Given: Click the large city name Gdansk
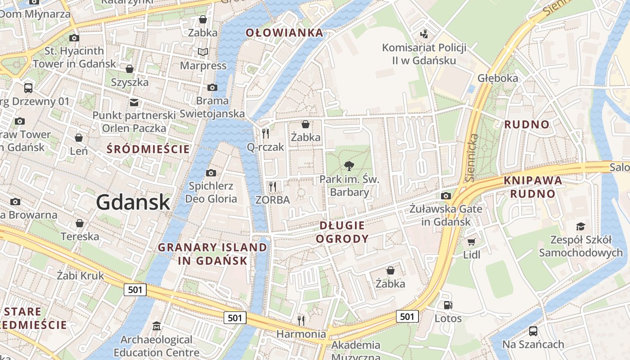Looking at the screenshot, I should click(133, 202).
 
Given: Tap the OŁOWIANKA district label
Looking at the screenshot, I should click(284, 32).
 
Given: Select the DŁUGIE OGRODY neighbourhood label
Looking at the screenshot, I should click(342, 232).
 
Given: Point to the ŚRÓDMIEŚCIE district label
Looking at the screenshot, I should click(148, 149).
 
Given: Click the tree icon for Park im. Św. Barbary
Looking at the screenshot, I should click(348, 166).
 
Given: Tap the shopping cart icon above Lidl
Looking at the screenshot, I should click(471, 242).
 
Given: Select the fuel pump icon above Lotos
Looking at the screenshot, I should click(448, 305).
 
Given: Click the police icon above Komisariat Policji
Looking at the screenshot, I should click(423, 34).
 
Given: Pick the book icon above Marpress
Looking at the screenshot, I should click(203, 52).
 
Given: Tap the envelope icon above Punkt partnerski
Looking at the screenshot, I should click(134, 102).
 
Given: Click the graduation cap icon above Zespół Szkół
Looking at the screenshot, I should click(580, 226).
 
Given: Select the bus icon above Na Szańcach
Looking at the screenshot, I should click(533, 331).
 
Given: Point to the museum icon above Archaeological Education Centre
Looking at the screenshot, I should click(157, 326).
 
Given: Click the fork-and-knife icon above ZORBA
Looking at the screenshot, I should click(272, 186).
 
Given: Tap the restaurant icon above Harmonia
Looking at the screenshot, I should click(301, 320).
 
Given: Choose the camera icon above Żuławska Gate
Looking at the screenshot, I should click(446, 196).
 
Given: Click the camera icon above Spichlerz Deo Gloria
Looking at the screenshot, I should click(211, 173).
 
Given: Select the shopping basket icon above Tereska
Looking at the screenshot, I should click(80, 223).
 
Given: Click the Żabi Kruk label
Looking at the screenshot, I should click(81, 275).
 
